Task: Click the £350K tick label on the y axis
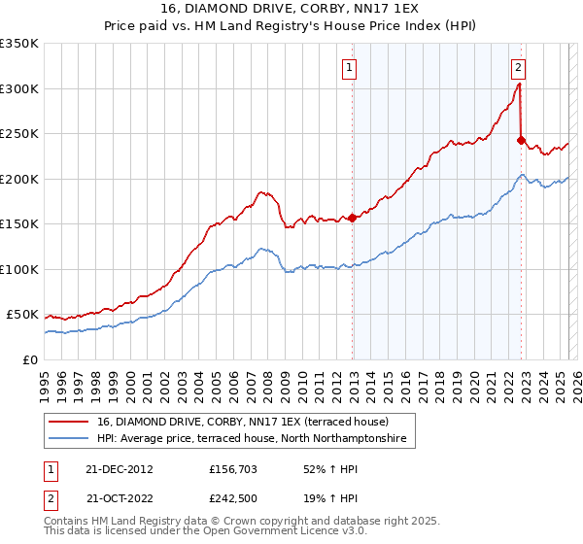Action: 18,44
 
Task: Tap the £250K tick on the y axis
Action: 18,134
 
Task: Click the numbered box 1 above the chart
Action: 348,68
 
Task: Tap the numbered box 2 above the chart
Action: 519,68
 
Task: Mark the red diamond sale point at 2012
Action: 352,218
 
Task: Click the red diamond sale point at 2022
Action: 521,140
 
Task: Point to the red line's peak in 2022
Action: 520,84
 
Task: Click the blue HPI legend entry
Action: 258,440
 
